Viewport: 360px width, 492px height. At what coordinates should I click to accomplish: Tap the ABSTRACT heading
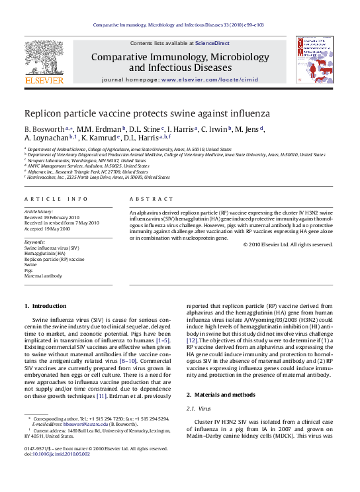pos(147,198)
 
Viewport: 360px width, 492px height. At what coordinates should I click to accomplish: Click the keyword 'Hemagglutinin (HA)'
pos(45,254)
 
